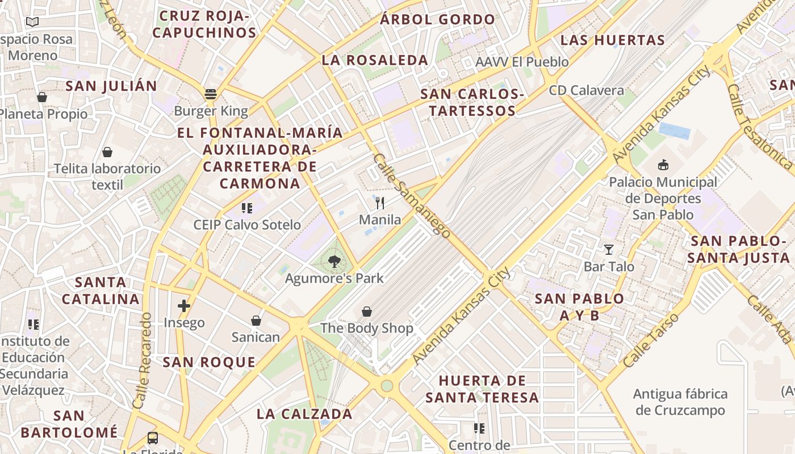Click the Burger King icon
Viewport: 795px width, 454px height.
point(211,94)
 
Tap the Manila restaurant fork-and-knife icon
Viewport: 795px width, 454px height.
point(380,203)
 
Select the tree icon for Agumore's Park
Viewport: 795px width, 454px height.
point(334,262)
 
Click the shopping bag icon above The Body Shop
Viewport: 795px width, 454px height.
point(367,312)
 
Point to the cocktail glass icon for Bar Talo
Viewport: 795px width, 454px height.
point(609,250)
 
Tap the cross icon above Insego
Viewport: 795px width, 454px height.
point(183,306)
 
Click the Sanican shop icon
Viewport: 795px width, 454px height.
point(256,321)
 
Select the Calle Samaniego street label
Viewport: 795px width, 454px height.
point(412,196)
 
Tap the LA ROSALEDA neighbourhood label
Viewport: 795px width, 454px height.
point(375,60)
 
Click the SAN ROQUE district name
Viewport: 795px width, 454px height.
point(209,362)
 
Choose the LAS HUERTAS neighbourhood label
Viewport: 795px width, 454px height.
point(612,40)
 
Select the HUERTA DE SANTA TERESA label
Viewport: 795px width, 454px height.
point(482,389)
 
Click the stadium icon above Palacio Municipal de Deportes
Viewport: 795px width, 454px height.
point(663,165)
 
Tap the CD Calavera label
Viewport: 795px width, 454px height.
point(586,90)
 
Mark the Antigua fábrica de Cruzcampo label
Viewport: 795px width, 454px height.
point(680,402)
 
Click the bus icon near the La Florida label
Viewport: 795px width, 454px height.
point(153,438)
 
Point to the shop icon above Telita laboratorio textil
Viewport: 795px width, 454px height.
point(107,152)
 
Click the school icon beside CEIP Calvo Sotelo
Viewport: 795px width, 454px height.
point(246,208)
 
